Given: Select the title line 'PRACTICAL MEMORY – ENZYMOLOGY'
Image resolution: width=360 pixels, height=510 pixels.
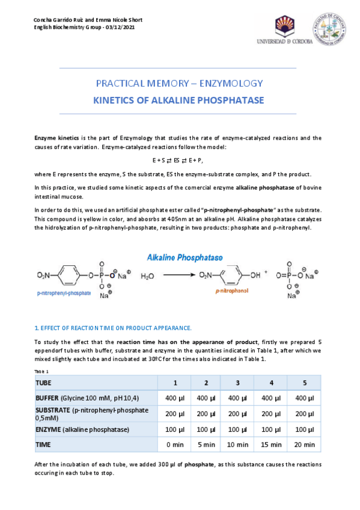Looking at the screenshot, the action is click(x=180, y=84).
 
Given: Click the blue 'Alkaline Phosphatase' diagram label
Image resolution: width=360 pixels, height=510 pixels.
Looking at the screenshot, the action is click(x=185, y=257).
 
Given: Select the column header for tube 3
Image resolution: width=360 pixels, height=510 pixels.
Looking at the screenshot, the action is click(x=238, y=382).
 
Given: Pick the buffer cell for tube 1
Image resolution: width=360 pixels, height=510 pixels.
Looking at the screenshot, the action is click(x=175, y=398).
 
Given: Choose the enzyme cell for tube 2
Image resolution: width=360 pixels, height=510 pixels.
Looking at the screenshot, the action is click(x=206, y=429).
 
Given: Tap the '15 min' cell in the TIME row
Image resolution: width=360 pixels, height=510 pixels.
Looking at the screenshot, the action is click(x=272, y=444).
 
